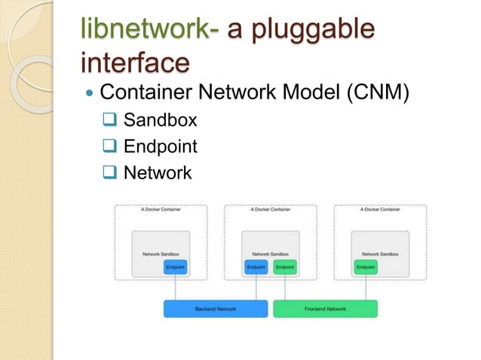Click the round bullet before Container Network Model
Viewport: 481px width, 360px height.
(90, 95)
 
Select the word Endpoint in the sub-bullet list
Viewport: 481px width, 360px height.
(160, 146)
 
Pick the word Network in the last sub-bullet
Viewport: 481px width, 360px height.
(158, 173)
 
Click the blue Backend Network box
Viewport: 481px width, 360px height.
(216, 309)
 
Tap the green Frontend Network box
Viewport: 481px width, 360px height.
(325, 309)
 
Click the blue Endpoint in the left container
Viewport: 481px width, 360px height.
(175, 267)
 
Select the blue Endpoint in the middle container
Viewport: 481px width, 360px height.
(256, 267)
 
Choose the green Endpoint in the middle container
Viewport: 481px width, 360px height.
(284, 267)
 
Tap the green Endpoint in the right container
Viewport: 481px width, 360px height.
(366, 267)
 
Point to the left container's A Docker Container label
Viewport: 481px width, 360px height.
(160, 210)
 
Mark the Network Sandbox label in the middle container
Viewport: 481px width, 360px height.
(270, 255)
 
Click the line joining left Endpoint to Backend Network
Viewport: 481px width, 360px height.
(175, 287)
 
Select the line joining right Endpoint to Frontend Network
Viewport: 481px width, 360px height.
(366, 287)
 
